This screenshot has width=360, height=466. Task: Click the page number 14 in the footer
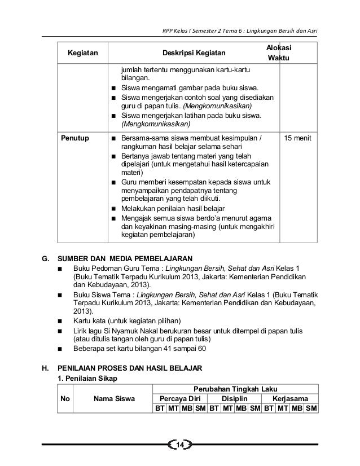(x=180, y=447)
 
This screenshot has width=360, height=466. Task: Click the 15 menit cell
(x=300, y=138)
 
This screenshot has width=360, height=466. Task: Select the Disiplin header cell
(x=235, y=398)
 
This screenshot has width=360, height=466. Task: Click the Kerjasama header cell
(x=291, y=398)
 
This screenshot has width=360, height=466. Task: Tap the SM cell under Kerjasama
(x=311, y=408)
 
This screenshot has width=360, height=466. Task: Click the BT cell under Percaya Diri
(x=160, y=408)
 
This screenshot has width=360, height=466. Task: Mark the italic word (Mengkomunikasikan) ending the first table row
(x=156, y=125)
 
